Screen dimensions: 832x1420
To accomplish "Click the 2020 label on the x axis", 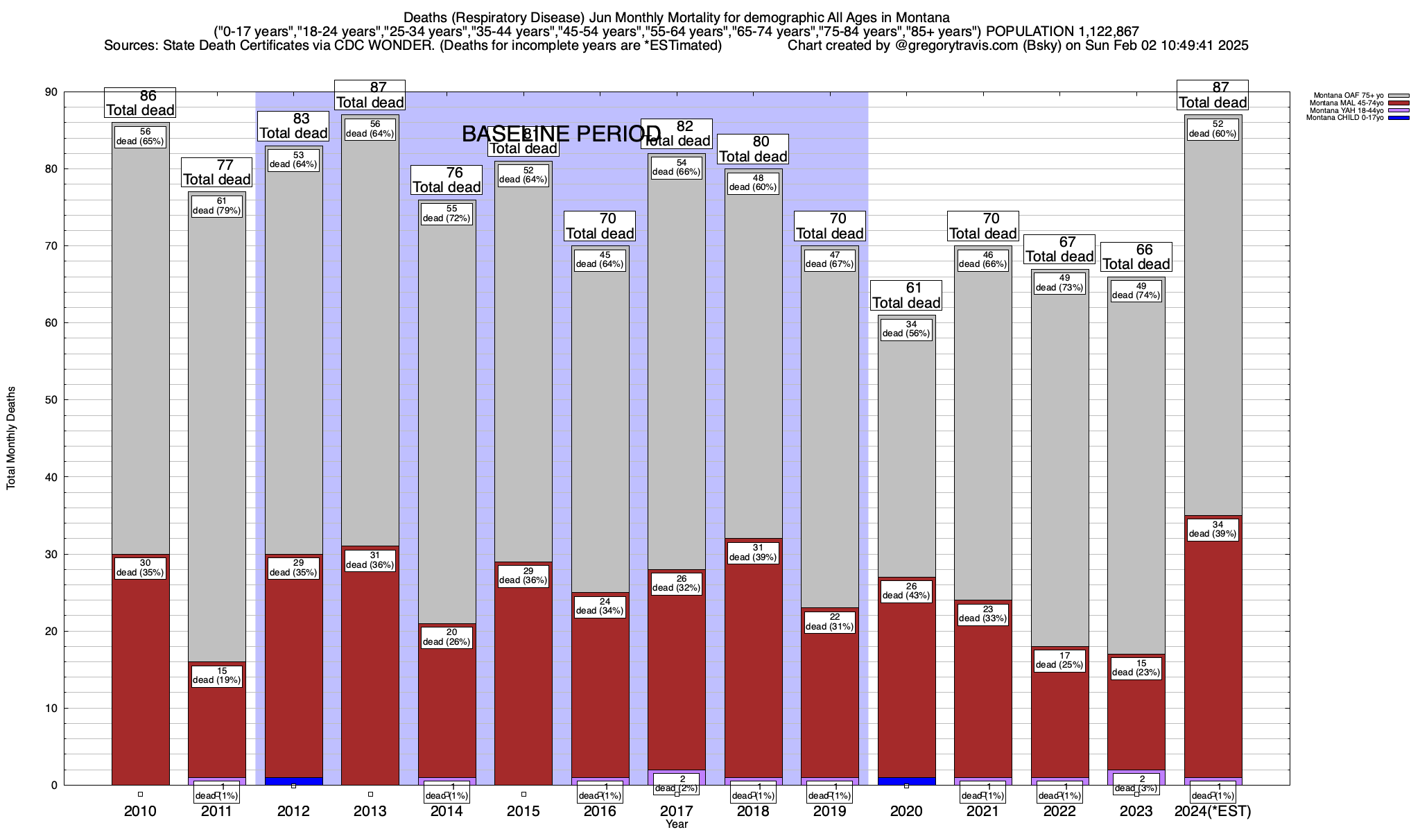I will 906,811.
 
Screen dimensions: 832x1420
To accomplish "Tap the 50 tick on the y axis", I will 52,400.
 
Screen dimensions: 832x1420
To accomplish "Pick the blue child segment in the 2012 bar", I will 293,781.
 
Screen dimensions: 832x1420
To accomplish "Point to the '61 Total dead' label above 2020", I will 906,295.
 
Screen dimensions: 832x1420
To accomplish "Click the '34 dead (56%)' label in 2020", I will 906,329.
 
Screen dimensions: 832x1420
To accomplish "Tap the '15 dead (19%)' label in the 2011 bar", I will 217,675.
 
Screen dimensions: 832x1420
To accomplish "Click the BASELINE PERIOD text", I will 562,134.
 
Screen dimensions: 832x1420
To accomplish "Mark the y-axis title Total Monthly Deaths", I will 11,438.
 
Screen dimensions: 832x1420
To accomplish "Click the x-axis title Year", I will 677,824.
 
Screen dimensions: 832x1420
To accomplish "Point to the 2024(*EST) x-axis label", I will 1213,811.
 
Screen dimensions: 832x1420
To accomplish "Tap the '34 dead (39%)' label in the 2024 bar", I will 1213,529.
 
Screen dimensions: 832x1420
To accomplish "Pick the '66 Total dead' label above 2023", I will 1136,257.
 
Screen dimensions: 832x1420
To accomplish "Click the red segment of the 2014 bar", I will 447,707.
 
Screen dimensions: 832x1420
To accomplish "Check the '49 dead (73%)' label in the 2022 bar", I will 1059,282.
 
